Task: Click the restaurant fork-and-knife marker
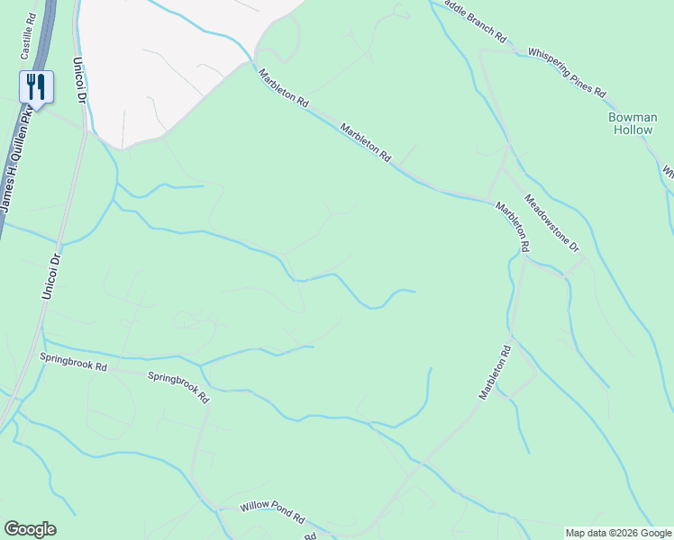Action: pyautogui.click(x=35, y=87)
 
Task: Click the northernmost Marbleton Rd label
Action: pyautogui.click(x=283, y=90)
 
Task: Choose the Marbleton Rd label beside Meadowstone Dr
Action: pyautogui.click(x=512, y=226)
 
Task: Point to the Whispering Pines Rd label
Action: pyautogui.click(x=568, y=72)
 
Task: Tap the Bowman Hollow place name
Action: pyautogui.click(x=633, y=123)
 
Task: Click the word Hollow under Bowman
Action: pyautogui.click(x=633, y=130)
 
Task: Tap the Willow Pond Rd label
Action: pyautogui.click(x=272, y=514)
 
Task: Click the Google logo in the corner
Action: pyautogui.click(x=30, y=529)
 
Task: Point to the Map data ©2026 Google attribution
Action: pyautogui.click(x=618, y=533)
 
